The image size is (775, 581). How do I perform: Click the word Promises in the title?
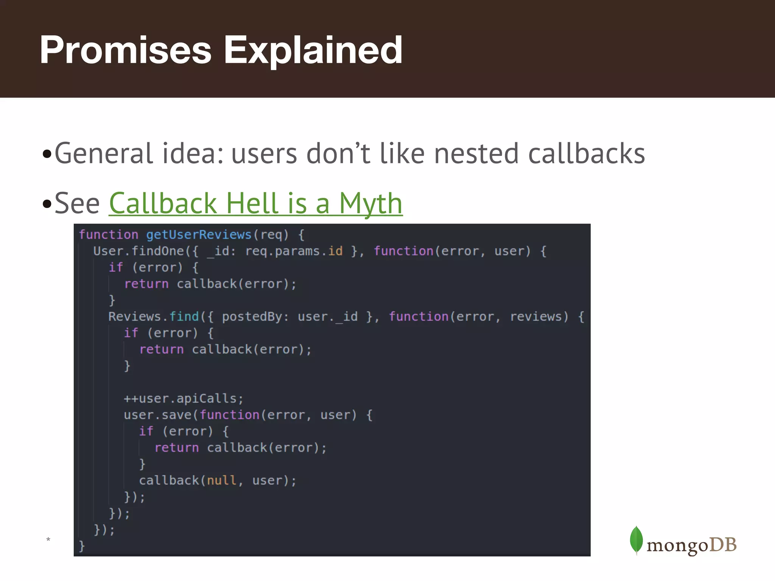point(125,50)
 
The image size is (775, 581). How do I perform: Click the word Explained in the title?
point(313,50)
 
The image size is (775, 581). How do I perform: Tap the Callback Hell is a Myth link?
point(256,204)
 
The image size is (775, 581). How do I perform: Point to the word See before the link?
point(77,204)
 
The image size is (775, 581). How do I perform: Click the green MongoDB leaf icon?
point(636,540)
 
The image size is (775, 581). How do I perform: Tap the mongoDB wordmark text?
point(691,545)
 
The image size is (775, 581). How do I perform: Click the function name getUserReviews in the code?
point(199,235)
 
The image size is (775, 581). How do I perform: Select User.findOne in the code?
point(139,251)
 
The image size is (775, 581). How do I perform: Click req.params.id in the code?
point(294,251)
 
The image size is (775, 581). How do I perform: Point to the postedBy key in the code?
point(252,317)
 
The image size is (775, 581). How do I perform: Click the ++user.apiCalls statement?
point(183,399)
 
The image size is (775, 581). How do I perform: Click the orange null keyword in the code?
point(221,480)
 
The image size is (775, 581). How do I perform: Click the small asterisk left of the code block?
point(48,539)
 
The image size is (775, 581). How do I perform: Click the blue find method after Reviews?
point(184,317)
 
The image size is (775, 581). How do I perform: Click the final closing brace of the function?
point(82,546)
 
